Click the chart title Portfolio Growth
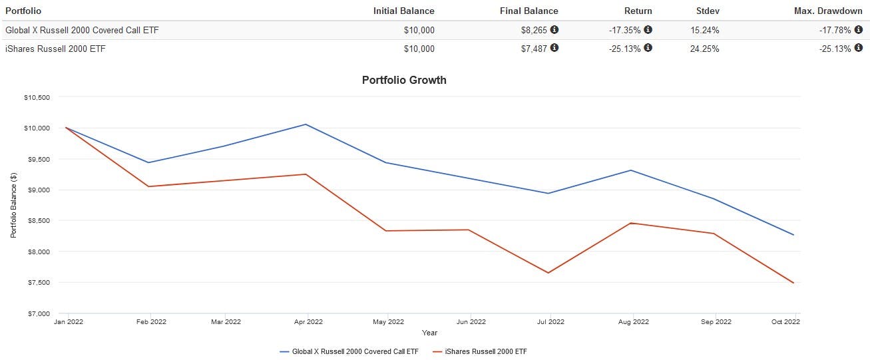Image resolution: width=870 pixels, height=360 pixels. click(404, 80)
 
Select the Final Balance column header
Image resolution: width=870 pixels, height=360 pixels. click(529, 11)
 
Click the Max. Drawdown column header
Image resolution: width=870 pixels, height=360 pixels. click(828, 11)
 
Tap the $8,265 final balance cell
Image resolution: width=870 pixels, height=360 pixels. click(534, 30)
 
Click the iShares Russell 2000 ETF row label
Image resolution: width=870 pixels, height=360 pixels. click(55, 49)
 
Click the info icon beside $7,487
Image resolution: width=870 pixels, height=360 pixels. click(554, 48)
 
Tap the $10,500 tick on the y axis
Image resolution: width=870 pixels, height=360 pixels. click(37, 97)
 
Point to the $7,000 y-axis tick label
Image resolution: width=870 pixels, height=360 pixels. click(39, 313)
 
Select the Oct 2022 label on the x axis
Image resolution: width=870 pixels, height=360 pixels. click(786, 322)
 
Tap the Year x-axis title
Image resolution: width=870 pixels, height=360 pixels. click(430, 332)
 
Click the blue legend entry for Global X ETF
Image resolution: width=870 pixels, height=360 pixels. click(350, 351)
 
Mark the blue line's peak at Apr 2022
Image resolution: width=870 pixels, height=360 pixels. click(306, 124)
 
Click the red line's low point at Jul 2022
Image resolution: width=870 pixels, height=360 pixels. click(548, 273)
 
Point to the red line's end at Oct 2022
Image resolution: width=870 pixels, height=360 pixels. click(793, 283)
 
